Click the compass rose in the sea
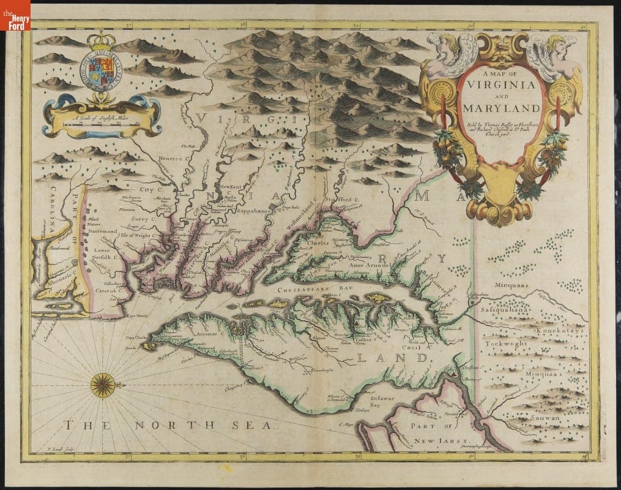coord(102,385)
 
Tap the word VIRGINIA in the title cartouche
coord(499,86)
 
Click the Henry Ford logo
coord(15,15)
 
